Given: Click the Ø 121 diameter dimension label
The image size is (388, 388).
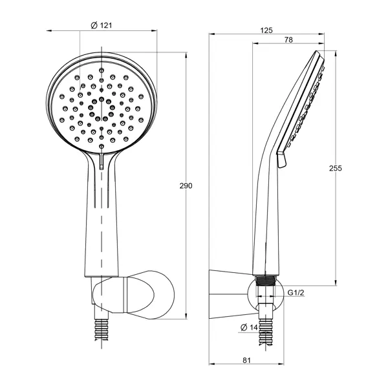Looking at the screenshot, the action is click(x=102, y=25).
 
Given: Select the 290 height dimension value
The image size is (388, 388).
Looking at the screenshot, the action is click(x=186, y=186).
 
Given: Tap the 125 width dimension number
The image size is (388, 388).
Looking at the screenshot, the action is click(x=266, y=30).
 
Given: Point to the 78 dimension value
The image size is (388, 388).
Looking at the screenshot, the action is click(x=288, y=39).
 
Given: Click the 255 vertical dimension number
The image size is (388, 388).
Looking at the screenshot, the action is click(x=335, y=168).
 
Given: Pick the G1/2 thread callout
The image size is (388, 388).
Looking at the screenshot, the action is click(x=296, y=293).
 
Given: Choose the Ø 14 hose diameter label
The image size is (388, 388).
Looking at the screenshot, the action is click(x=249, y=327).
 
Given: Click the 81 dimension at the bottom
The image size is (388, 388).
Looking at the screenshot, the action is click(x=246, y=360).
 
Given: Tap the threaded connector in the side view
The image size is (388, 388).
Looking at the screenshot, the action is click(x=266, y=281).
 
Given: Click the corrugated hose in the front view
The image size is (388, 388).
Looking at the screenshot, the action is click(x=102, y=330).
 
